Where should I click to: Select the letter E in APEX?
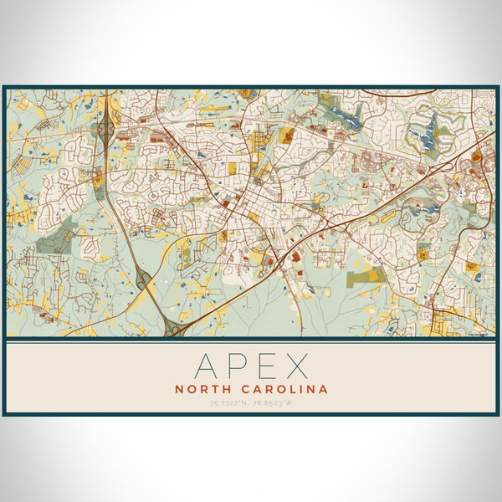click(x=267, y=366)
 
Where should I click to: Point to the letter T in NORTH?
click(x=213, y=389)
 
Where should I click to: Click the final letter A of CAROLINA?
click(x=324, y=389)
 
